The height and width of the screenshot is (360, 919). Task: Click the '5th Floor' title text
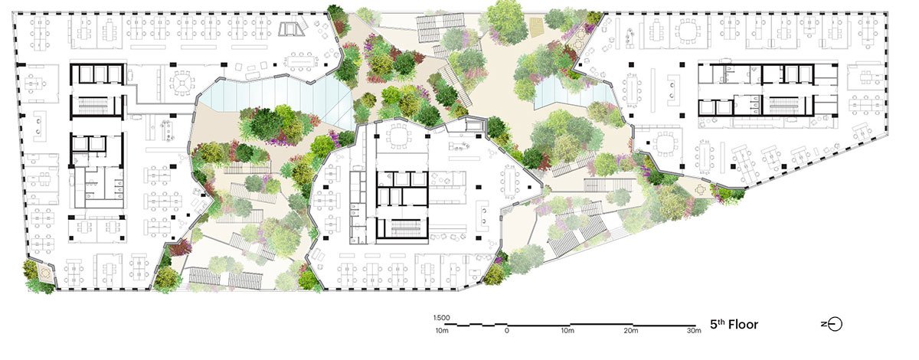[733, 324]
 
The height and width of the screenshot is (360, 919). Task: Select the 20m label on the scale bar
[630, 332]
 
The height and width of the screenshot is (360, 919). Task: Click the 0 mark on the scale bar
[506, 332]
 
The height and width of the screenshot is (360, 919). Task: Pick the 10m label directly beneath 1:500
[441, 331]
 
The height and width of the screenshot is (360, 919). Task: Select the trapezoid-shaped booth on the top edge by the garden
[292, 29]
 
